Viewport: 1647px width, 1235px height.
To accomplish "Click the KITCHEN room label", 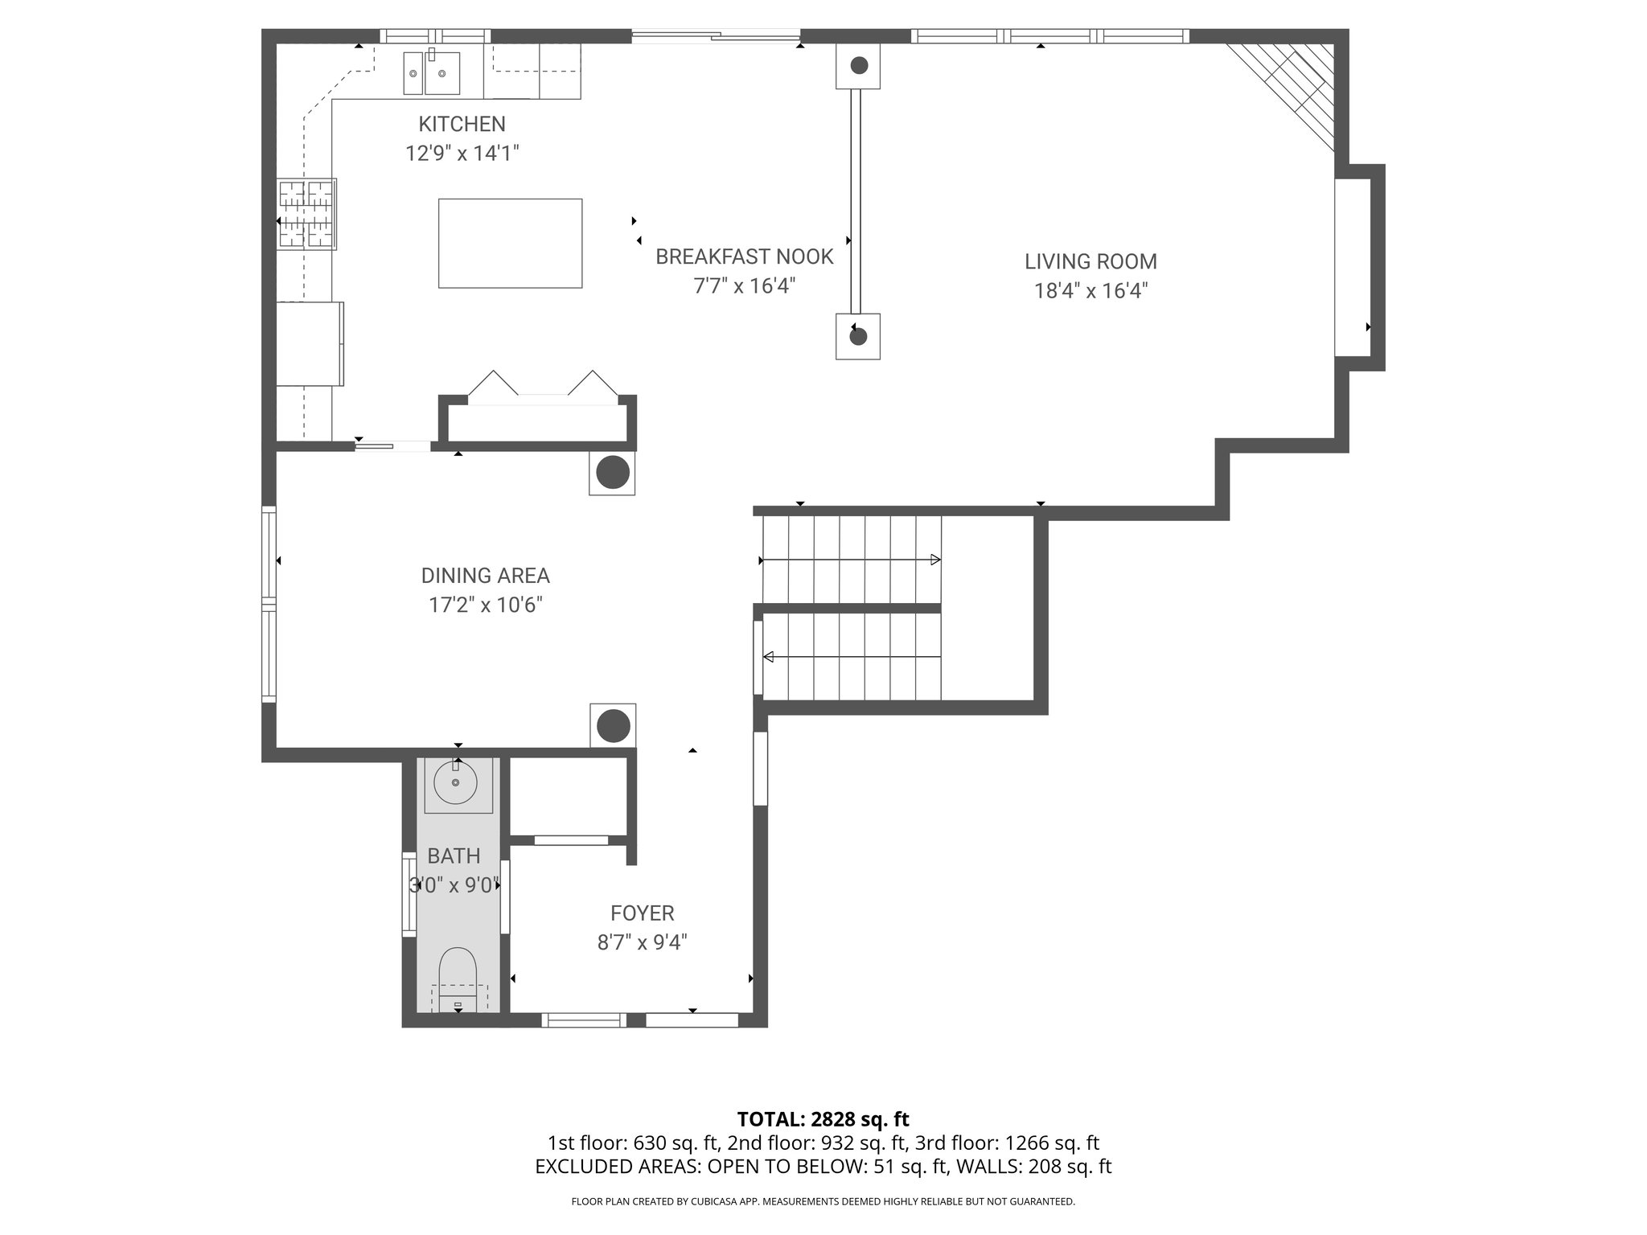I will click(x=462, y=124).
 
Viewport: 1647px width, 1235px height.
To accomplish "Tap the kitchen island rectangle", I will click(x=510, y=243).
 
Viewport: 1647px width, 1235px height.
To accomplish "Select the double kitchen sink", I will click(x=431, y=74).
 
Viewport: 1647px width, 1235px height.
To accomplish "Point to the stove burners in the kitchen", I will click(x=306, y=214).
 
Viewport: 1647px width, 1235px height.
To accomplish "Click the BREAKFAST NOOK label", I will click(x=744, y=256).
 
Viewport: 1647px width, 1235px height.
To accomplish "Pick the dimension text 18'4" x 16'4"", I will click(x=1090, y=290).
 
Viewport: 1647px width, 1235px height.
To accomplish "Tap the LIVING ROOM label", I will click(x=1090, y=261).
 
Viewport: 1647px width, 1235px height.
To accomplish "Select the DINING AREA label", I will click(x=485, y=576).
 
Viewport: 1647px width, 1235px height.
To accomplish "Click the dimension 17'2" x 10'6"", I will click(x=485, y=605).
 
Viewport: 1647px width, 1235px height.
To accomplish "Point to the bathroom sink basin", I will click(x=455, y=782).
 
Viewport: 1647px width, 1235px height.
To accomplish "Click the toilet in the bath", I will click(x=458, y=977).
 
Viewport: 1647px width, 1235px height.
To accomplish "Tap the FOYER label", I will click(x=642, y=913).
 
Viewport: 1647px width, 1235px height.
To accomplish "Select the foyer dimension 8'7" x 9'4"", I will click(x=642, y=942).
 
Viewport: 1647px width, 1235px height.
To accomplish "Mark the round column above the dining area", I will click(x=613, y=473).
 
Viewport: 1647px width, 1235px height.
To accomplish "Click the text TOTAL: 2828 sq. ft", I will click(x=823, y=1118).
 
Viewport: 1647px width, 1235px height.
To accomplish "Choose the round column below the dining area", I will click(x=613, y=726).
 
